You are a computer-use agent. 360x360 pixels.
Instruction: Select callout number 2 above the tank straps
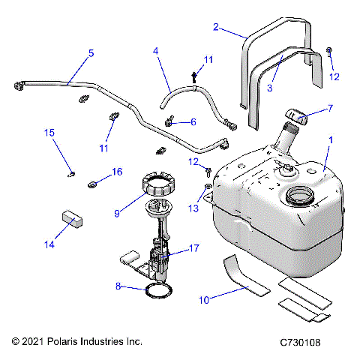216,28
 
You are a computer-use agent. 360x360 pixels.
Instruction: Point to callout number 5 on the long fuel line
91,52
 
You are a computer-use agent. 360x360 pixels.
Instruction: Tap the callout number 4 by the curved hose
156,52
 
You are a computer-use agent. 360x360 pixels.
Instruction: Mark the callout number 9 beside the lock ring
116,213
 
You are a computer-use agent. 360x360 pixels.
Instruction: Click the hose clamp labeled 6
171,120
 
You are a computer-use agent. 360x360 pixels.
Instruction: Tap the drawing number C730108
304,341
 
